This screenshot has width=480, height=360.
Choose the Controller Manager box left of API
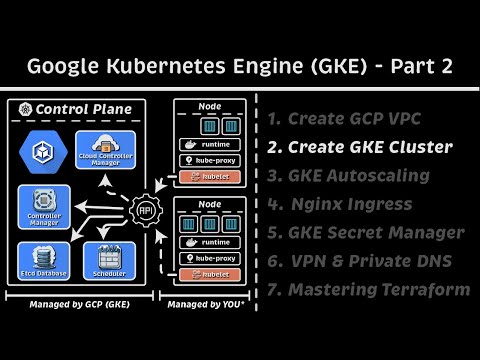tap(42, 206)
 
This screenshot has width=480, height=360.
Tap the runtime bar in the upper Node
tap(209, 143)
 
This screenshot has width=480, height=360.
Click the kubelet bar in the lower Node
tap(209, 273)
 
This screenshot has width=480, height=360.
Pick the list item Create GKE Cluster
tap(359, 147)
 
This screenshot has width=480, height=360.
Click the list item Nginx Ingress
tap(339, 204)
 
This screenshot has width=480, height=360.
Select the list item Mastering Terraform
tap(368, 290)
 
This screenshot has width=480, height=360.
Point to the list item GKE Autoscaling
tap(348, 176)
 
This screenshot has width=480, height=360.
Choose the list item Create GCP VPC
tap(347, 119)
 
